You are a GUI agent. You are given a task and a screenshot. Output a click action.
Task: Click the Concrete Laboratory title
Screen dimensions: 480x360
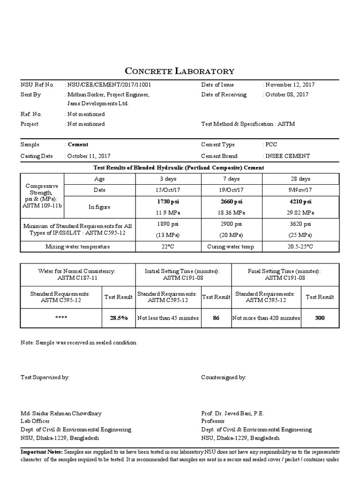(180, 71)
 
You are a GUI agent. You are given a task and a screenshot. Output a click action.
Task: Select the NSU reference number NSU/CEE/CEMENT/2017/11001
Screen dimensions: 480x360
(110, 85)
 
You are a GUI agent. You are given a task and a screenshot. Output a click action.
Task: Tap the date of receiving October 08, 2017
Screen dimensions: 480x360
(287, 95)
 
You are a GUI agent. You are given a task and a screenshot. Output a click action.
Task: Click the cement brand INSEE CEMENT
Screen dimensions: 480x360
(288, 156)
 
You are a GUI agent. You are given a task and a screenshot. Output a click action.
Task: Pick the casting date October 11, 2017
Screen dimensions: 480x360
(90, 156)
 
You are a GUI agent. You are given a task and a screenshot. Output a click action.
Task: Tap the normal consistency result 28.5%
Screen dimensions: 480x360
(119, 318)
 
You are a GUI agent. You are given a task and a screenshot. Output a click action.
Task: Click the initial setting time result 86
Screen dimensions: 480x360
(216, 318)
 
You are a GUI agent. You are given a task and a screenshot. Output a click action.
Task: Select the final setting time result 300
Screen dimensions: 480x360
(320, 318)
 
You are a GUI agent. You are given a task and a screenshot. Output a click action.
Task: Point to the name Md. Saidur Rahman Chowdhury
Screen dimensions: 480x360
(61, 413)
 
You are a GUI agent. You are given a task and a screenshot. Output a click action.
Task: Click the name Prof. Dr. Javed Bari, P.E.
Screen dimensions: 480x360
(232, 413)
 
